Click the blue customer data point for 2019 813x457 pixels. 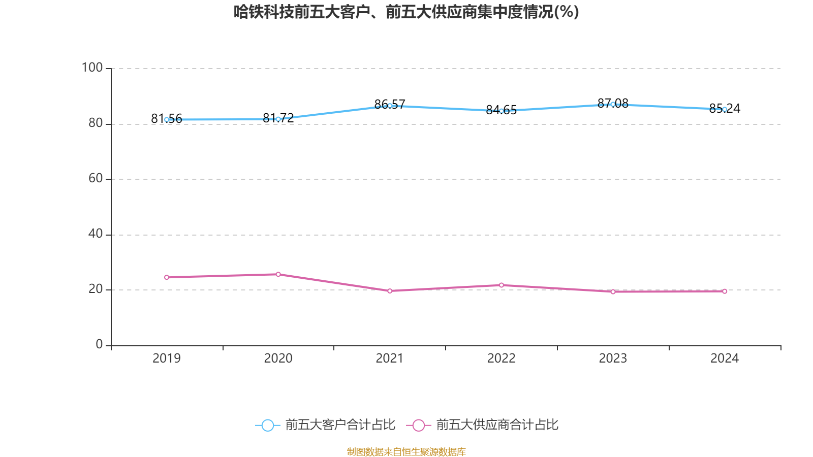[x=167, y=120]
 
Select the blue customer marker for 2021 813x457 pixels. [x=390, y=106]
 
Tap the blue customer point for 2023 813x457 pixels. [x=613, y=104]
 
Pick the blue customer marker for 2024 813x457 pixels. [x=725, y=109]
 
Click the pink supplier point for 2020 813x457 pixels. [x=278, y=274]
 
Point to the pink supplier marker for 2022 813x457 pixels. [x=502, y=285]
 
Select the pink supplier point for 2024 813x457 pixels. [x=725, y=291]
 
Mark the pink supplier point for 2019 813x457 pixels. [x=167, y=277]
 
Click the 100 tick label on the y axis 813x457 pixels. [x=92, y=68]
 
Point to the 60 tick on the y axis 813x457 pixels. [x=96, y=178]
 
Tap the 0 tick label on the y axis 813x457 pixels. [x=99, y=344]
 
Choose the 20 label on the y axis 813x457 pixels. [x=96, y=289]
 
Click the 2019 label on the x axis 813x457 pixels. [x=167, y=358]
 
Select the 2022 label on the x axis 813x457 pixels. [x=502, y=358]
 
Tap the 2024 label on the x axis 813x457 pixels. [x=725, y=358]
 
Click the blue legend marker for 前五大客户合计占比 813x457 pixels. [x=267, y=425]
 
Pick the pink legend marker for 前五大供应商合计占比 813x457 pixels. [x=418, y=425]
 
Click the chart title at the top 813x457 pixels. [x=406, y=12]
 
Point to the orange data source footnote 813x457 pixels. [x=406, y=451]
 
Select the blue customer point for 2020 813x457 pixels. [x=278, y=119]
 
